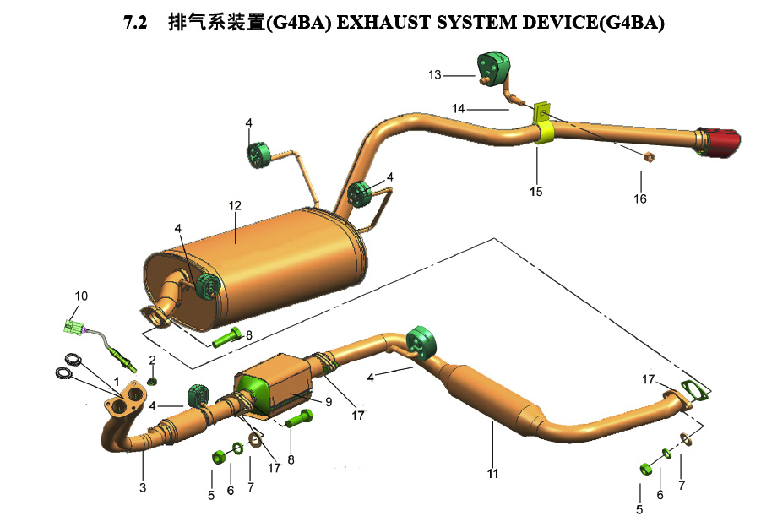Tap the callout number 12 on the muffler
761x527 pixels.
tap(235, 206)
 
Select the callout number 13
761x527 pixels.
tap(434, 74)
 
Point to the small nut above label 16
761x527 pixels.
tap(648, 157)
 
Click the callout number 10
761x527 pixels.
tap(81, 296)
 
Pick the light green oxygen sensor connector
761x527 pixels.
tap(73, 326)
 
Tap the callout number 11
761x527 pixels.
tap(492, 474)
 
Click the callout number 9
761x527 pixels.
tap(329, 402)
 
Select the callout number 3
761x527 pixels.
tap(143, 487)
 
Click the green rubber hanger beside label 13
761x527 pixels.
tap(493, 69)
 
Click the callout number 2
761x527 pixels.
tap(152, 360)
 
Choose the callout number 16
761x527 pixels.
tap(640, 198)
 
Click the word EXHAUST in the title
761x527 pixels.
tap(383, 22)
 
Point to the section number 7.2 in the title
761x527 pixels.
tap(135, 22)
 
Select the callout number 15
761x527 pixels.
tap(535, 192)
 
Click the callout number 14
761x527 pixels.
tap(458, 109)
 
